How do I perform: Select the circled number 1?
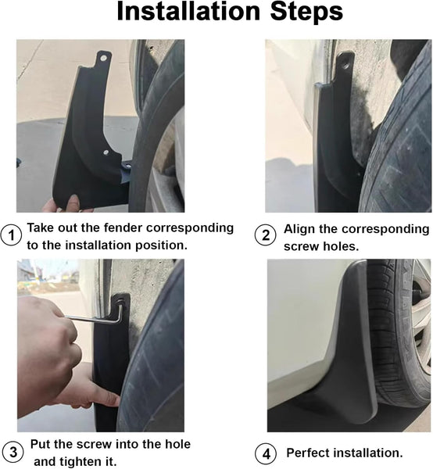[12, 234]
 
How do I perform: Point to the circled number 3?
[12, 452]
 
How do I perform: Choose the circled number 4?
[266, 453]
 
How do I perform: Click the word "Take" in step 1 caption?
[42, 228]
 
